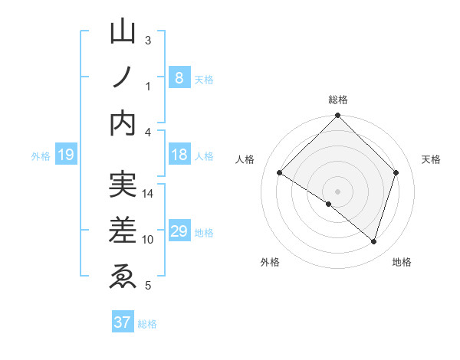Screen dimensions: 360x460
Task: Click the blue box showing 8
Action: (179, 77)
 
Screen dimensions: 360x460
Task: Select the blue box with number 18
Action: (179, 155)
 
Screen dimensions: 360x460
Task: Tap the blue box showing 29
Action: (179, 231)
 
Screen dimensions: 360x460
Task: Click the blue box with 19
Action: (65, 155)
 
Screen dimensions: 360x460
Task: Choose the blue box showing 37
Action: (122, 322)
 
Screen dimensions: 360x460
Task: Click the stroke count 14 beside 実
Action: (149, 193)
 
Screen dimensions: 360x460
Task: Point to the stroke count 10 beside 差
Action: (148, 240)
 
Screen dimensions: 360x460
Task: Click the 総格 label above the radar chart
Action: (338, 100)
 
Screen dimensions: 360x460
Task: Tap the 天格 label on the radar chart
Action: (432, 159)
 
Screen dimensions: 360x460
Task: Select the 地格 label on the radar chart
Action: (402, 262)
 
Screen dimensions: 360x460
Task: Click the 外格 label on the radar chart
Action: (270, 262)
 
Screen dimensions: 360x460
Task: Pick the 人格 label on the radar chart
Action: (245, 159)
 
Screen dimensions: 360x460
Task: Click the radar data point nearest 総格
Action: (337, 117)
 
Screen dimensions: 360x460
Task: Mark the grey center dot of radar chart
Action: (337, 191)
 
